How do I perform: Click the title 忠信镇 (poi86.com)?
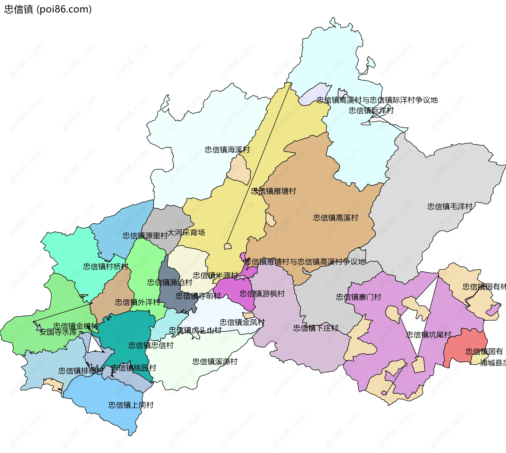(48, 9)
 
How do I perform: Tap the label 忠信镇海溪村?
(227, 150)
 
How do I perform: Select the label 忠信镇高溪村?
(335, 218)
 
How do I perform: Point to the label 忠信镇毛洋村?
(450, 206)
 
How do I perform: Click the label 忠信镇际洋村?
(371, 110)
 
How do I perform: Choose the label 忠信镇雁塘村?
(273, 191)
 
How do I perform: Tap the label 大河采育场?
(186, 232)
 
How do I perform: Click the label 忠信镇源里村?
(145, 236)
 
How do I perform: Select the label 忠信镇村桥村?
(105, 266)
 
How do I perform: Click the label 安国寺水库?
(58, 332)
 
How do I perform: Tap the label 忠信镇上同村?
(131, 405)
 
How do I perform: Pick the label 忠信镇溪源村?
(215, 361)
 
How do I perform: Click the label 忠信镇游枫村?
(262, 294)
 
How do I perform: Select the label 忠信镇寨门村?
(358, 297)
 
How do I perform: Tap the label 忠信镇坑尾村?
(429, 335)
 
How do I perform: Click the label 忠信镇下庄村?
(316, 328)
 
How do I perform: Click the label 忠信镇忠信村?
(151, 345)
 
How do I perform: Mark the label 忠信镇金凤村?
(242, 322)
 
